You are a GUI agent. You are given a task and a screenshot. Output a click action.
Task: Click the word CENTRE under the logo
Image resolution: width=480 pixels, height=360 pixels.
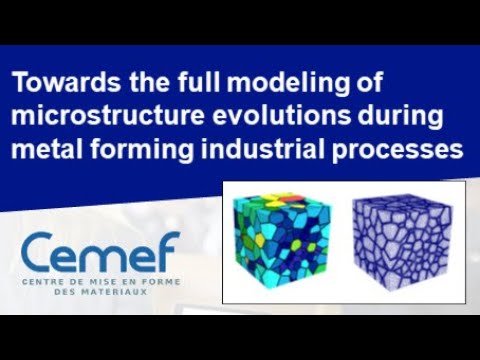(48, 282)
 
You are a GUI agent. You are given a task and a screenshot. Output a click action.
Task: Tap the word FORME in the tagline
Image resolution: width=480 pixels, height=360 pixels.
(161, 282)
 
